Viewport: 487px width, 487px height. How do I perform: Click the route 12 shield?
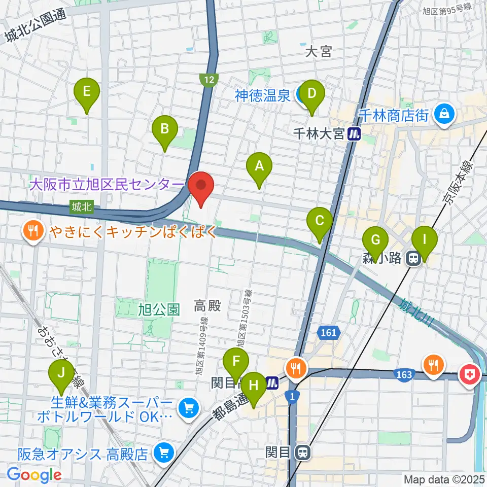click(208, 79)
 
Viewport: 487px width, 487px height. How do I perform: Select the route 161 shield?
click(328, 333)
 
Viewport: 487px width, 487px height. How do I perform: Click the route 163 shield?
click(404, 374)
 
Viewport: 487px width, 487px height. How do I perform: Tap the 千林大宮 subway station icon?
click(354, 134)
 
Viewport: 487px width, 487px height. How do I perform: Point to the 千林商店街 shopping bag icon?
click(444, 113)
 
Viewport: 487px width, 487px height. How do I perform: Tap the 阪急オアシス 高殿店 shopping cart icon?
click(162, 452)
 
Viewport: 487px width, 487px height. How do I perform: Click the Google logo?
click(34, 475)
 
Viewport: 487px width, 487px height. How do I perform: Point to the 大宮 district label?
click(319, 51)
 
